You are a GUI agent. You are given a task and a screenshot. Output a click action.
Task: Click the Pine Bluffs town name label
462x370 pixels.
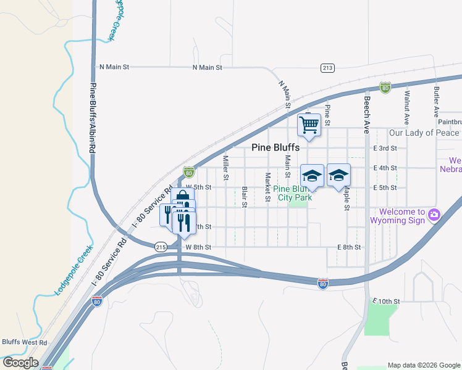(x=275, y=147)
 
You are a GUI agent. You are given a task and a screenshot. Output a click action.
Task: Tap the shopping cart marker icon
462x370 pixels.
(x=309, y=125)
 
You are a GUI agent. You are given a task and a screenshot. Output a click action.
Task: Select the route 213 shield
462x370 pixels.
(x=327, y=68)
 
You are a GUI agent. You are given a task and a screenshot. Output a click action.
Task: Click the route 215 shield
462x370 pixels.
(x=161, y=247)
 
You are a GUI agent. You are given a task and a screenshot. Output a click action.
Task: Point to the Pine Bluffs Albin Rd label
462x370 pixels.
(x=93, y=118)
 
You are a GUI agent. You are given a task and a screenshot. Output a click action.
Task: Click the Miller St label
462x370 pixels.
(x=226, y=168)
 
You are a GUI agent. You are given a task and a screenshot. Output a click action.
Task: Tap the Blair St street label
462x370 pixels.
(x=245, y=197)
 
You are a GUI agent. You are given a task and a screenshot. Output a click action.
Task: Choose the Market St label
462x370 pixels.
(x=267, y=187)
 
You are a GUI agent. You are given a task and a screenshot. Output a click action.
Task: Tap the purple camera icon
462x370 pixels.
(x=434, y=215)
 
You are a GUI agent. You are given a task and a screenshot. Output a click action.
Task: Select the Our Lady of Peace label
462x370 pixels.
(x=424, y=133)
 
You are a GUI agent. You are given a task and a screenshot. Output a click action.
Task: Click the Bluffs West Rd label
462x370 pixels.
(x=24, y=342)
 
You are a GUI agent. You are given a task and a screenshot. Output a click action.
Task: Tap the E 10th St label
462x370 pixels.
(x=387, y=301)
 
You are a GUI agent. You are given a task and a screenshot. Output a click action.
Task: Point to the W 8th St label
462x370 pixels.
(x=198, y=247)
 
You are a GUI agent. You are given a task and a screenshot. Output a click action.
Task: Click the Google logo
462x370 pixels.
(x=20, y=363)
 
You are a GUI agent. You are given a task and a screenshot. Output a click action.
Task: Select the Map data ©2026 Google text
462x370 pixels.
(x=424, y=365)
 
